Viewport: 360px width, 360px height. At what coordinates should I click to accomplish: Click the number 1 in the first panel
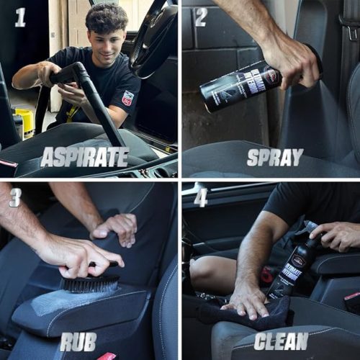[x=20, y=17]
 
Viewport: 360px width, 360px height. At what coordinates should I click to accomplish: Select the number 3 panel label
[x=16, y=197]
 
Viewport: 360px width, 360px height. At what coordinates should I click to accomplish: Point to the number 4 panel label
[x=201, y=197]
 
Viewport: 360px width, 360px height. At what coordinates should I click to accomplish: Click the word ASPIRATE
[x=84, y=157]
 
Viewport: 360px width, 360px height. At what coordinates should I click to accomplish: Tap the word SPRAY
[x=275, y=157]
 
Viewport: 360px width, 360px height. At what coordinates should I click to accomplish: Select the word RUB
[x=78, y=341]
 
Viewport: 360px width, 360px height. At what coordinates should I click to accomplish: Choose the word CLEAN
[x=281, y=341]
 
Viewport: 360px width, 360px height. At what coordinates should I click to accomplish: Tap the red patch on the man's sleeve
[x=127, y=98]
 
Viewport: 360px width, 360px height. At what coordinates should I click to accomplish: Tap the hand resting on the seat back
[x=115, y=226]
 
